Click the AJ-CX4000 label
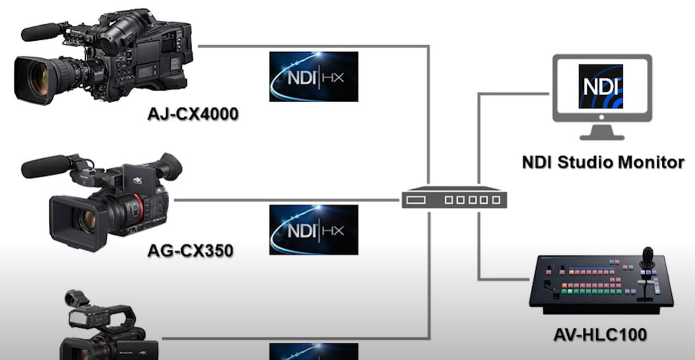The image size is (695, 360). (x=193, y=115)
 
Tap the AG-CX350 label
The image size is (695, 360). (x=191, y=251)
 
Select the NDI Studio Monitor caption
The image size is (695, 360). (x=603, y=162)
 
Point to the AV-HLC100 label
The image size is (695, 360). (x=599, y=334)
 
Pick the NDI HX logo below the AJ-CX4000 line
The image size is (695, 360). (x=313, y=76)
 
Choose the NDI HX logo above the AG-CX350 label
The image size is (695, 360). (x=313, y=229)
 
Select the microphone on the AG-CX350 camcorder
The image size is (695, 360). (x=46, y=167)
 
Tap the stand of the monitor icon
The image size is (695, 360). (x=602, y=131)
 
